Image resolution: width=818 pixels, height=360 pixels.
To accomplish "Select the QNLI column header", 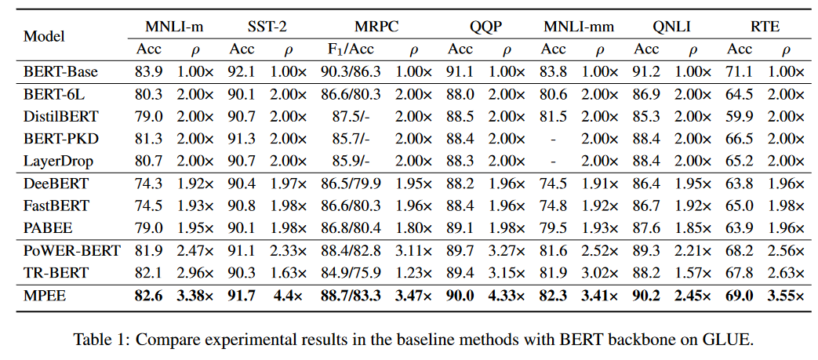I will click(671, 26).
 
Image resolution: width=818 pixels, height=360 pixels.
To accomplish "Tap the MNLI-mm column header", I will click(579, 26).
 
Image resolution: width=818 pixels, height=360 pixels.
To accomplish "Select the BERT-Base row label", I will click(61, 72).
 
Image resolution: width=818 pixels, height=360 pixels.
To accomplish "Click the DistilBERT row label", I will click(61, 117).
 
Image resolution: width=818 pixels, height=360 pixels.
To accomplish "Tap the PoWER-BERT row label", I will click(72, 251).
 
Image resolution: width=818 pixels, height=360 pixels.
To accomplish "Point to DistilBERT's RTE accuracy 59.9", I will click(739, 117).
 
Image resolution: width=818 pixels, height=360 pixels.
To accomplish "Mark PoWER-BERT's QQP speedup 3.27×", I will click(506, 251).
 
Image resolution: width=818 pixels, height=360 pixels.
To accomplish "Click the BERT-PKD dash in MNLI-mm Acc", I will click(554, 140).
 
